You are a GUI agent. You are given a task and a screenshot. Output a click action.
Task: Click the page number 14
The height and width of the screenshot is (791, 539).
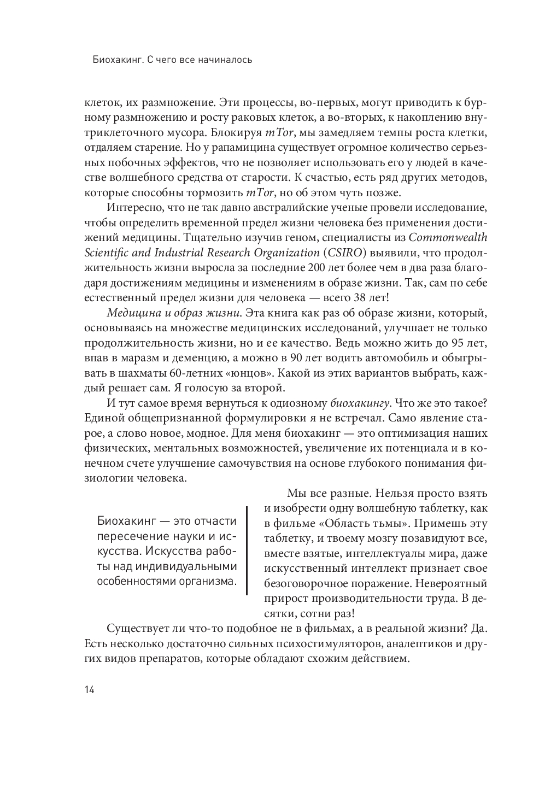[90, 690]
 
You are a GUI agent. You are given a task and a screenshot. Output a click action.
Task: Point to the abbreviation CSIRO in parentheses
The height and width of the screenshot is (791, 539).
[342, 253]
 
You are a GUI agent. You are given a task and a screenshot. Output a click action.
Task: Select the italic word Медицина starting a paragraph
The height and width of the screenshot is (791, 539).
[130, 313]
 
